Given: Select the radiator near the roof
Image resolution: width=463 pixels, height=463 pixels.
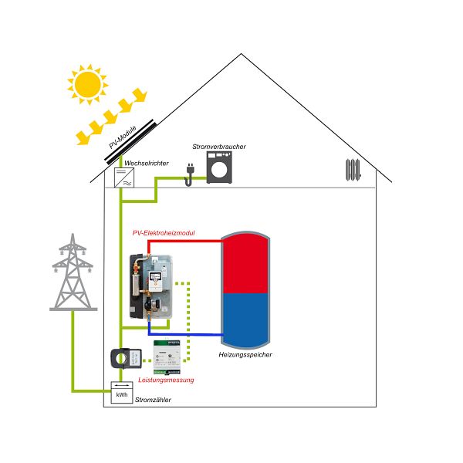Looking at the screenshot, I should [x=353, y=169].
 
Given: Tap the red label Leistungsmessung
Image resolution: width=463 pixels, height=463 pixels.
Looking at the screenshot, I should [x=166, y=380].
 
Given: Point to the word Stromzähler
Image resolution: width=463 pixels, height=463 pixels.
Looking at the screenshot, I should [x=153, y=400].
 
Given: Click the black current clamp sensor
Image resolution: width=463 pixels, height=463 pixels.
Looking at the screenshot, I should [x=122, y=358].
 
